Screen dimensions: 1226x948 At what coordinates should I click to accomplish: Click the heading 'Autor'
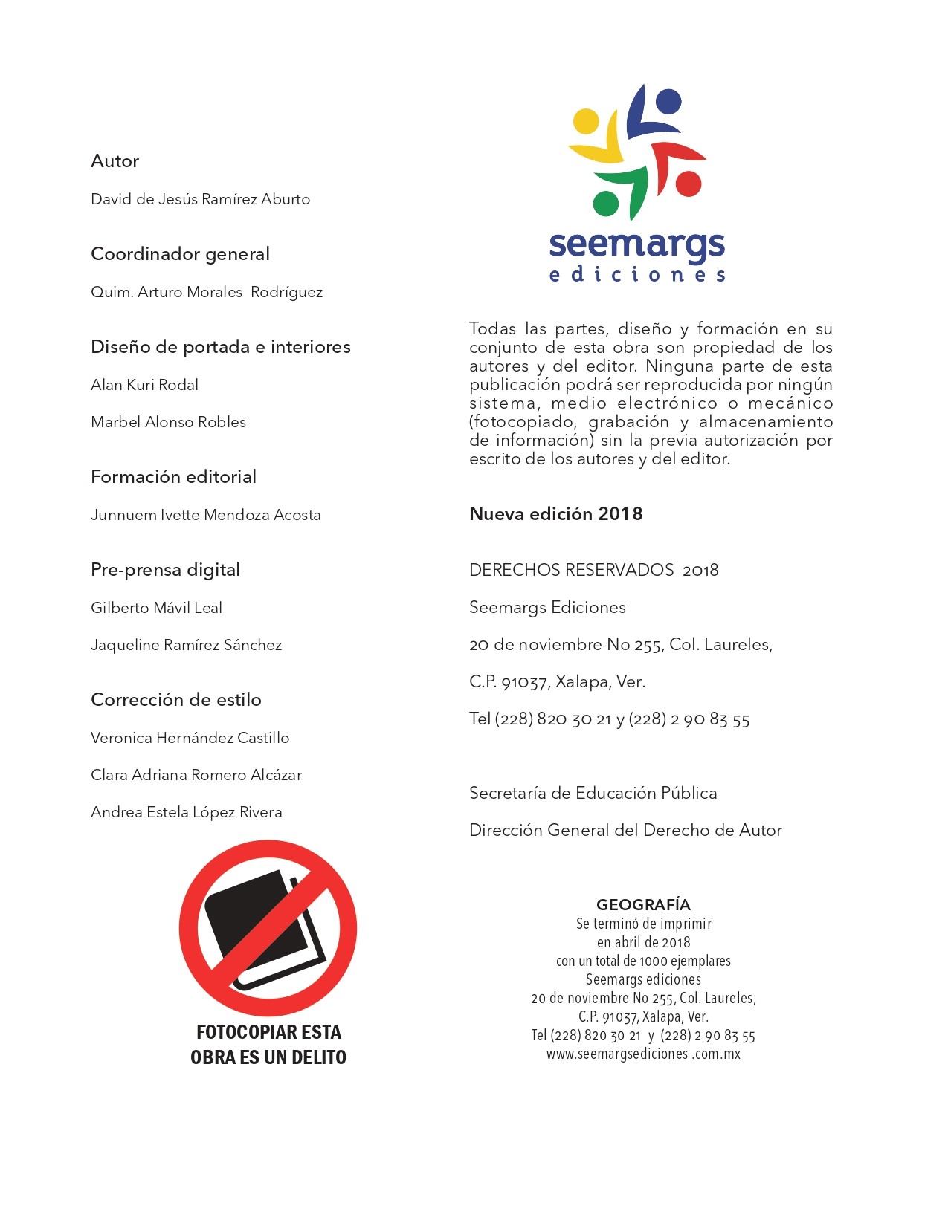point(115,161)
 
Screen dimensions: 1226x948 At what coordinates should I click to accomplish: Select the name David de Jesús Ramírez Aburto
point(200,199)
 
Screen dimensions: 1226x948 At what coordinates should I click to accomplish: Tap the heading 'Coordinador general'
point(180,254)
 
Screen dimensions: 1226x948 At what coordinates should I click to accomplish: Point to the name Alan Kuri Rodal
point(144,385)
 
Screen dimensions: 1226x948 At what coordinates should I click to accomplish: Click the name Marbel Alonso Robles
point(168,422)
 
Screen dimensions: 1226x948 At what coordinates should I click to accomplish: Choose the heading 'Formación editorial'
point(173,477)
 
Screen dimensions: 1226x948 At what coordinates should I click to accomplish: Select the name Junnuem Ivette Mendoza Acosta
point(205,515)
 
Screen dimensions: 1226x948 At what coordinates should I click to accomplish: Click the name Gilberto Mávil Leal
point(156,608)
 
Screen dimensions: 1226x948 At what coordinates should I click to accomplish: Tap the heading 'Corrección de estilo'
point(176,700)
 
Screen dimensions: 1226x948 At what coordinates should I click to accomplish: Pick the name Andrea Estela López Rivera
point(186,812)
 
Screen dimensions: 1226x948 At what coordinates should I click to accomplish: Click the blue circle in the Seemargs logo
point(668,102)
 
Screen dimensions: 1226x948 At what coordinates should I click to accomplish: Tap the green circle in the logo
point(606,203)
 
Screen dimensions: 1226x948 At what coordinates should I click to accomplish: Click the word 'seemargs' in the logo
point(636,244)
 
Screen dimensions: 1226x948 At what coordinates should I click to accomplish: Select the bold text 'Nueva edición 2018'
point(555,514)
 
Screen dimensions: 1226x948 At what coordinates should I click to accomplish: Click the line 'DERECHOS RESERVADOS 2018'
point(593,570)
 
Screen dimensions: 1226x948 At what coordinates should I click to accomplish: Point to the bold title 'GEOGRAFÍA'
point(643,905)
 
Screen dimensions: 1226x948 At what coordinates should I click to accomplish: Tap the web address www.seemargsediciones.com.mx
point(643,1054)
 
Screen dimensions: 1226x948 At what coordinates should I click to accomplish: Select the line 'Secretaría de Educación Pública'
point(593,793)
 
